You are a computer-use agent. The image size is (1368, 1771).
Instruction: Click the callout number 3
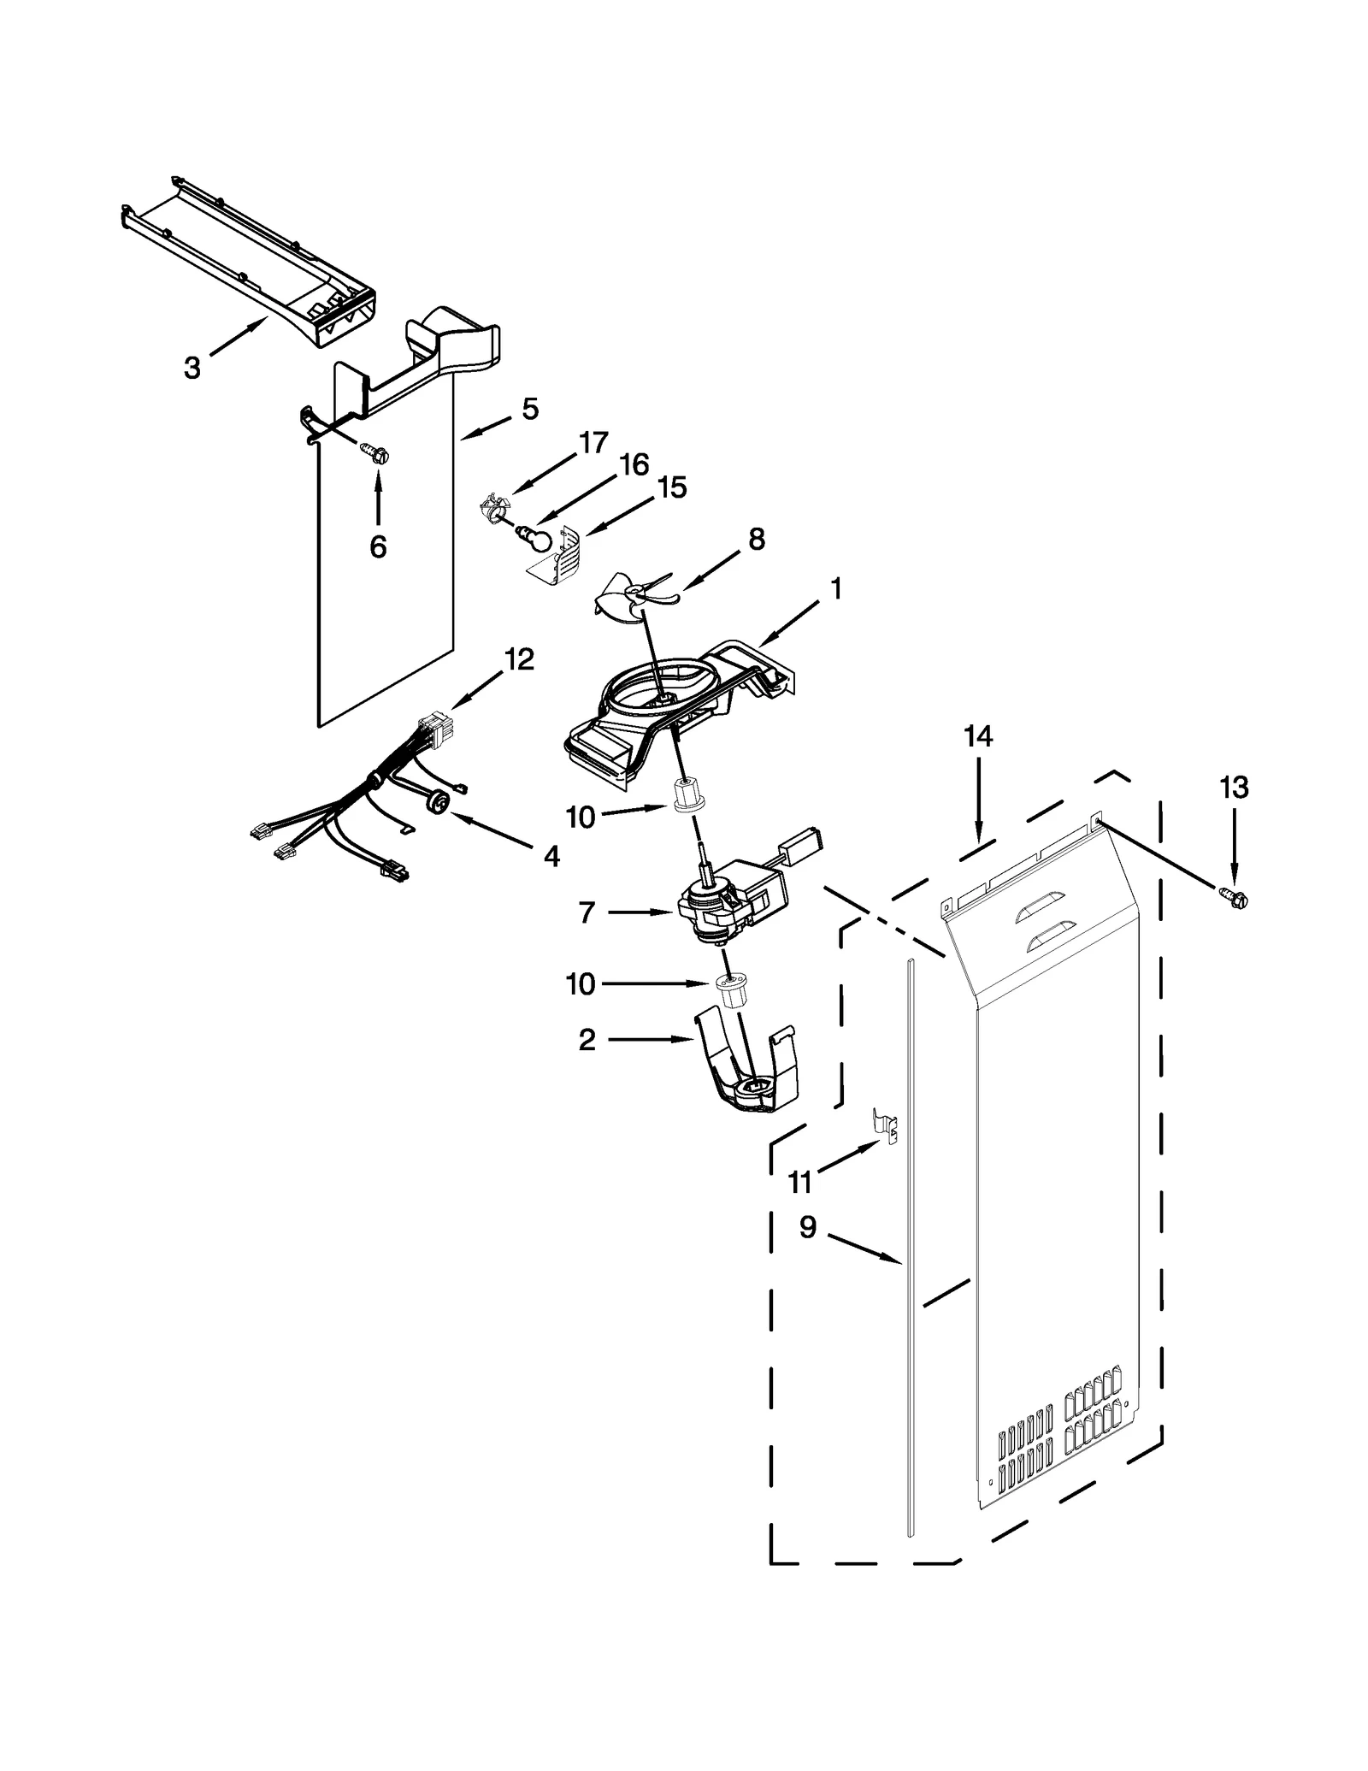[192, 369]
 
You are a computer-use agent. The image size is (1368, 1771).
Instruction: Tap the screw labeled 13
[1235, 898]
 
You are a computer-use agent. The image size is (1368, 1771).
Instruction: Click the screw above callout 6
[376, 452]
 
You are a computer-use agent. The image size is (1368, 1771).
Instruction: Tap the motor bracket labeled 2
[748, 1073]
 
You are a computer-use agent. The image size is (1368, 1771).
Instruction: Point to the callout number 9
[808, 1228]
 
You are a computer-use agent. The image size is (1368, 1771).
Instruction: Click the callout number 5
[530, 410]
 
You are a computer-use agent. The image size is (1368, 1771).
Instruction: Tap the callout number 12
[519, 658]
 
